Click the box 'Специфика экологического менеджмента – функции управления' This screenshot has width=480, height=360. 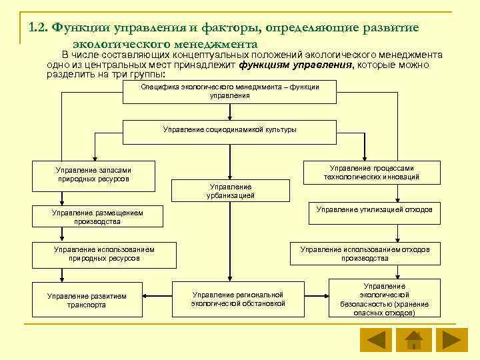click(229, 91)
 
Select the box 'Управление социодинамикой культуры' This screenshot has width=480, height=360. click(229, 130)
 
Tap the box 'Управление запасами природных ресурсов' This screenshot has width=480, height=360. click(94, 175)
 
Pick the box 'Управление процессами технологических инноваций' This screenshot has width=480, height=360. click(372, 173)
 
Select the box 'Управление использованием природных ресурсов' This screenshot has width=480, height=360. click(104, 254)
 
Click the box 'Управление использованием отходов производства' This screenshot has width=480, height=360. click(365, 254)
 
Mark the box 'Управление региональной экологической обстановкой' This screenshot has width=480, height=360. click(238, 299)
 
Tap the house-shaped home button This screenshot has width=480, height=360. click(413, 339)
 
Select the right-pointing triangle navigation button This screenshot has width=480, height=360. click(452, 339)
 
